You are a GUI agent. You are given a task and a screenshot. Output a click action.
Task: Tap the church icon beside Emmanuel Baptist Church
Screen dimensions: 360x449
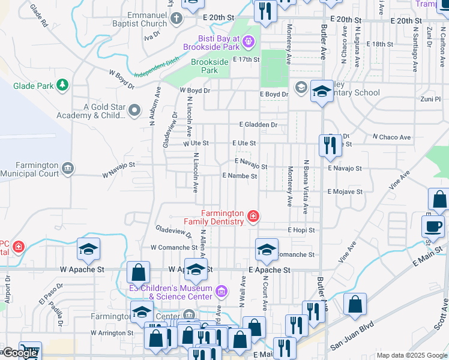176,19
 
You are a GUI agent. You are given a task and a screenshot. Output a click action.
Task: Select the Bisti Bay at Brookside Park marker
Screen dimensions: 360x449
249,42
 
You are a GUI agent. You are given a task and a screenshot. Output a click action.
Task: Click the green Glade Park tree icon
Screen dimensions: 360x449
62,86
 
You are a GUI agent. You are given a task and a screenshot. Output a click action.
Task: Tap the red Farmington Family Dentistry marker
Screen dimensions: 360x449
253,216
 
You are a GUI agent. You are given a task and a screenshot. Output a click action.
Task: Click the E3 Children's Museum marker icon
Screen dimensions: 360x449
221,292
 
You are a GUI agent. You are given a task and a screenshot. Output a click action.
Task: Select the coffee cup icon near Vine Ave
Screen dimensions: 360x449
432,227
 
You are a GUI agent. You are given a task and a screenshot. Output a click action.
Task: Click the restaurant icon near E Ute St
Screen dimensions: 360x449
330,145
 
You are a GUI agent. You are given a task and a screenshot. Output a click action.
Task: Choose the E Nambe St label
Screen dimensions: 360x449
240,176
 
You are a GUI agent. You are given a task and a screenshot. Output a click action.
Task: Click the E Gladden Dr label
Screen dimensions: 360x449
258,125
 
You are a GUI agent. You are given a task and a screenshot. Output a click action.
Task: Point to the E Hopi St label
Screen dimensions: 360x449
301,230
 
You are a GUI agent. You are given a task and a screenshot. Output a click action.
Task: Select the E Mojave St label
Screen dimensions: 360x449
345,191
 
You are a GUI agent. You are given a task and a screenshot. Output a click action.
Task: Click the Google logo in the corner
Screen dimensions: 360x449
19,353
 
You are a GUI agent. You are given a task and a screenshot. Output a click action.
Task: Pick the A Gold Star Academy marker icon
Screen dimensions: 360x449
134,111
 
